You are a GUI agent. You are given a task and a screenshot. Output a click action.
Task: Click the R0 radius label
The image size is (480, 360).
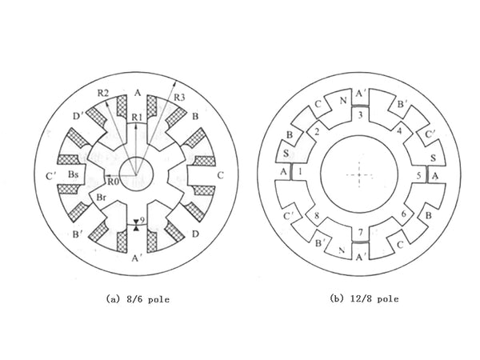point(114,182)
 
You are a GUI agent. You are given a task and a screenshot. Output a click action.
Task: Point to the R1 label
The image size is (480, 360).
point(137,117)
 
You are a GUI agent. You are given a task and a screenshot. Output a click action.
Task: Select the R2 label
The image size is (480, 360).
point(103,94)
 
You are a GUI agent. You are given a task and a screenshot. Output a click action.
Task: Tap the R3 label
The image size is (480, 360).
point(179,98)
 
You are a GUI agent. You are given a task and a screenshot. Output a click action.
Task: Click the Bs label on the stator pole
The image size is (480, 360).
point(73,174)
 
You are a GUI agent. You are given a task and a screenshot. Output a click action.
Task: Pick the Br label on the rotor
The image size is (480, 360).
point(101,198)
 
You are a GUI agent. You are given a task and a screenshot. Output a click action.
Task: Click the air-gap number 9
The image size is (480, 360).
point(142,219)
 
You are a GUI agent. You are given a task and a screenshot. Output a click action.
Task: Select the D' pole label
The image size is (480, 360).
point(78,116)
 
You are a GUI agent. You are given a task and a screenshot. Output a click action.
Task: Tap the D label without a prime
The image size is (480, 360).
point(195,234)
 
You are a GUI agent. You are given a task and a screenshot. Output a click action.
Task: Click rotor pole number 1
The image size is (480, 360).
point(300,172)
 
